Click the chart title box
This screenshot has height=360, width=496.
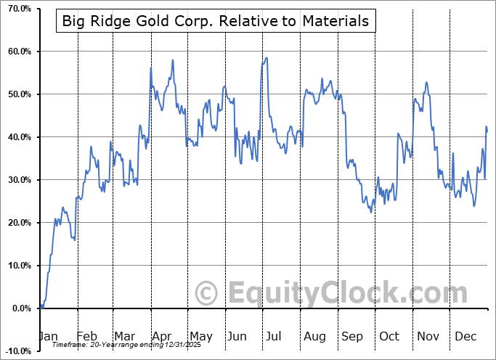point(215,21)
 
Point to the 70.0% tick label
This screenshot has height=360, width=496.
point(18,9)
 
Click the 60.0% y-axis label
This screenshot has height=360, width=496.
point(18,52)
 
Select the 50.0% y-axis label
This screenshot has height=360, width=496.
point(18,94)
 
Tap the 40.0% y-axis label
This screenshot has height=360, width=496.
point(18,137)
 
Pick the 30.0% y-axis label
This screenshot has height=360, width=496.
point(18,180)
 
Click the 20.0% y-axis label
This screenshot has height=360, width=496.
point(18,223)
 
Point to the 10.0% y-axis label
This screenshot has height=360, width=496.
point(18,266)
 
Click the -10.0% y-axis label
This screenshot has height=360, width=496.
point(17,351)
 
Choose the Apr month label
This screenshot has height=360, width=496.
point(162,337)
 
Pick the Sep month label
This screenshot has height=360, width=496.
point(351,337)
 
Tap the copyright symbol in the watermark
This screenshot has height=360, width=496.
point(207,293)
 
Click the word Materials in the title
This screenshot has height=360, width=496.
point(335,21)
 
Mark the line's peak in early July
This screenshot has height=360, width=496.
point(267,58)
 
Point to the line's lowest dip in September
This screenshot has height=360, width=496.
point(370,212)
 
